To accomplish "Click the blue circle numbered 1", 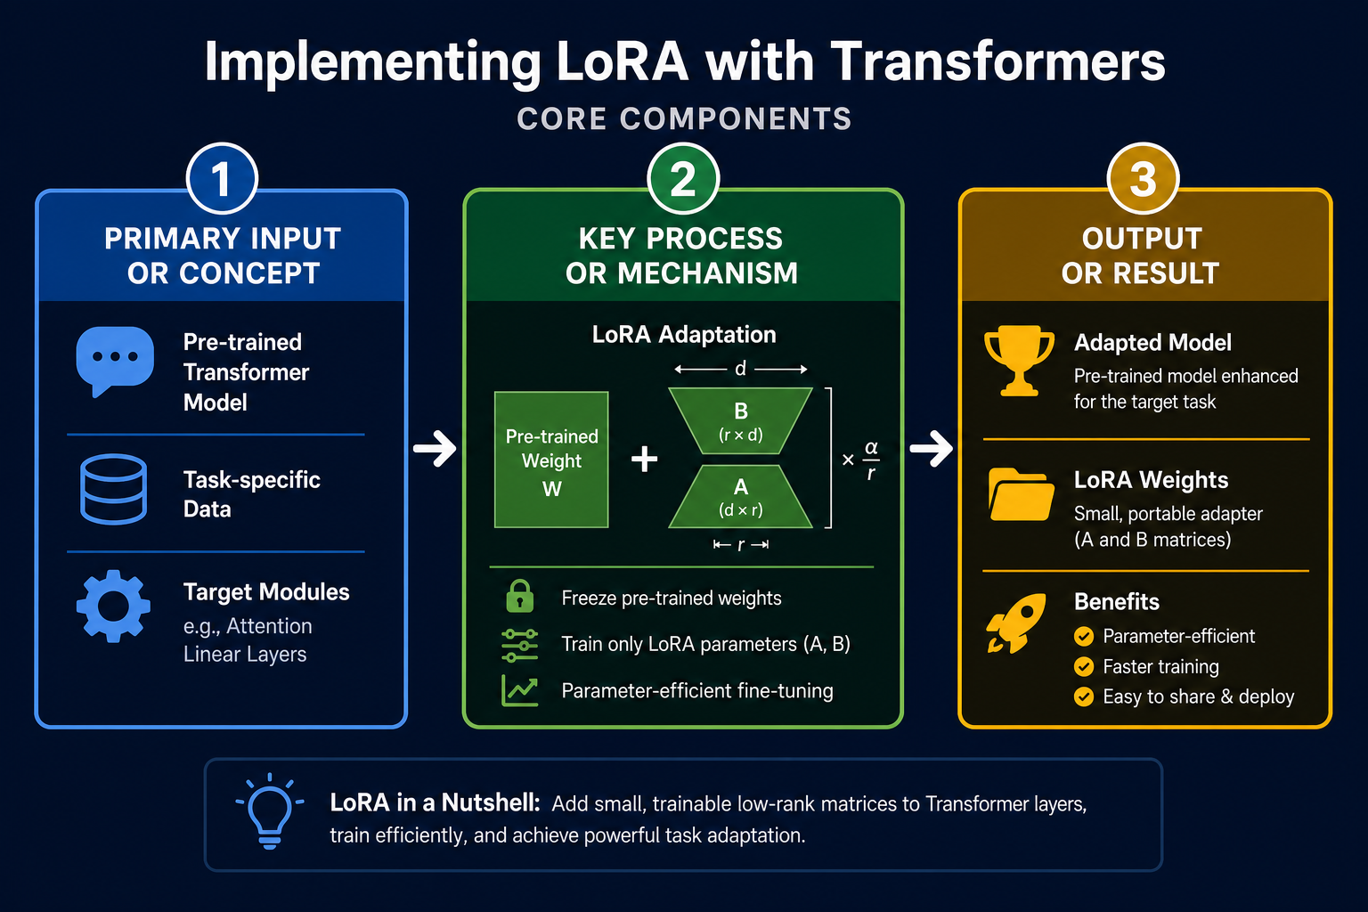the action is point(222,178).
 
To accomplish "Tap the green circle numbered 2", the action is point(683,178).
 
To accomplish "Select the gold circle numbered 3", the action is point(1143,178).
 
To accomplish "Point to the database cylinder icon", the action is point(114,489).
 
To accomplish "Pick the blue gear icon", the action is point(114,606).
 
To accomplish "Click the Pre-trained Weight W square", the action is point(551,460).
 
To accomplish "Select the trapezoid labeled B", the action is point(741,421).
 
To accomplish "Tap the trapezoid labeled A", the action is point(741,497).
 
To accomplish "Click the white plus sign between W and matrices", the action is point(644,459).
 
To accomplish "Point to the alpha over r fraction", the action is point(871,460).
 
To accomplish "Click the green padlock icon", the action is point(520,596).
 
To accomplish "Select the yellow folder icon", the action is point(1021,494).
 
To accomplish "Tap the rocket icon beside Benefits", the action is point(1016,623).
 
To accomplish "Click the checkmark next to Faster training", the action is point(1084,666).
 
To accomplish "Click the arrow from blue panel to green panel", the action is point(435,448).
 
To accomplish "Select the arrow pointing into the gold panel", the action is point(932,448).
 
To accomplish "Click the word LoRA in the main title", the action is point(623,61).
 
